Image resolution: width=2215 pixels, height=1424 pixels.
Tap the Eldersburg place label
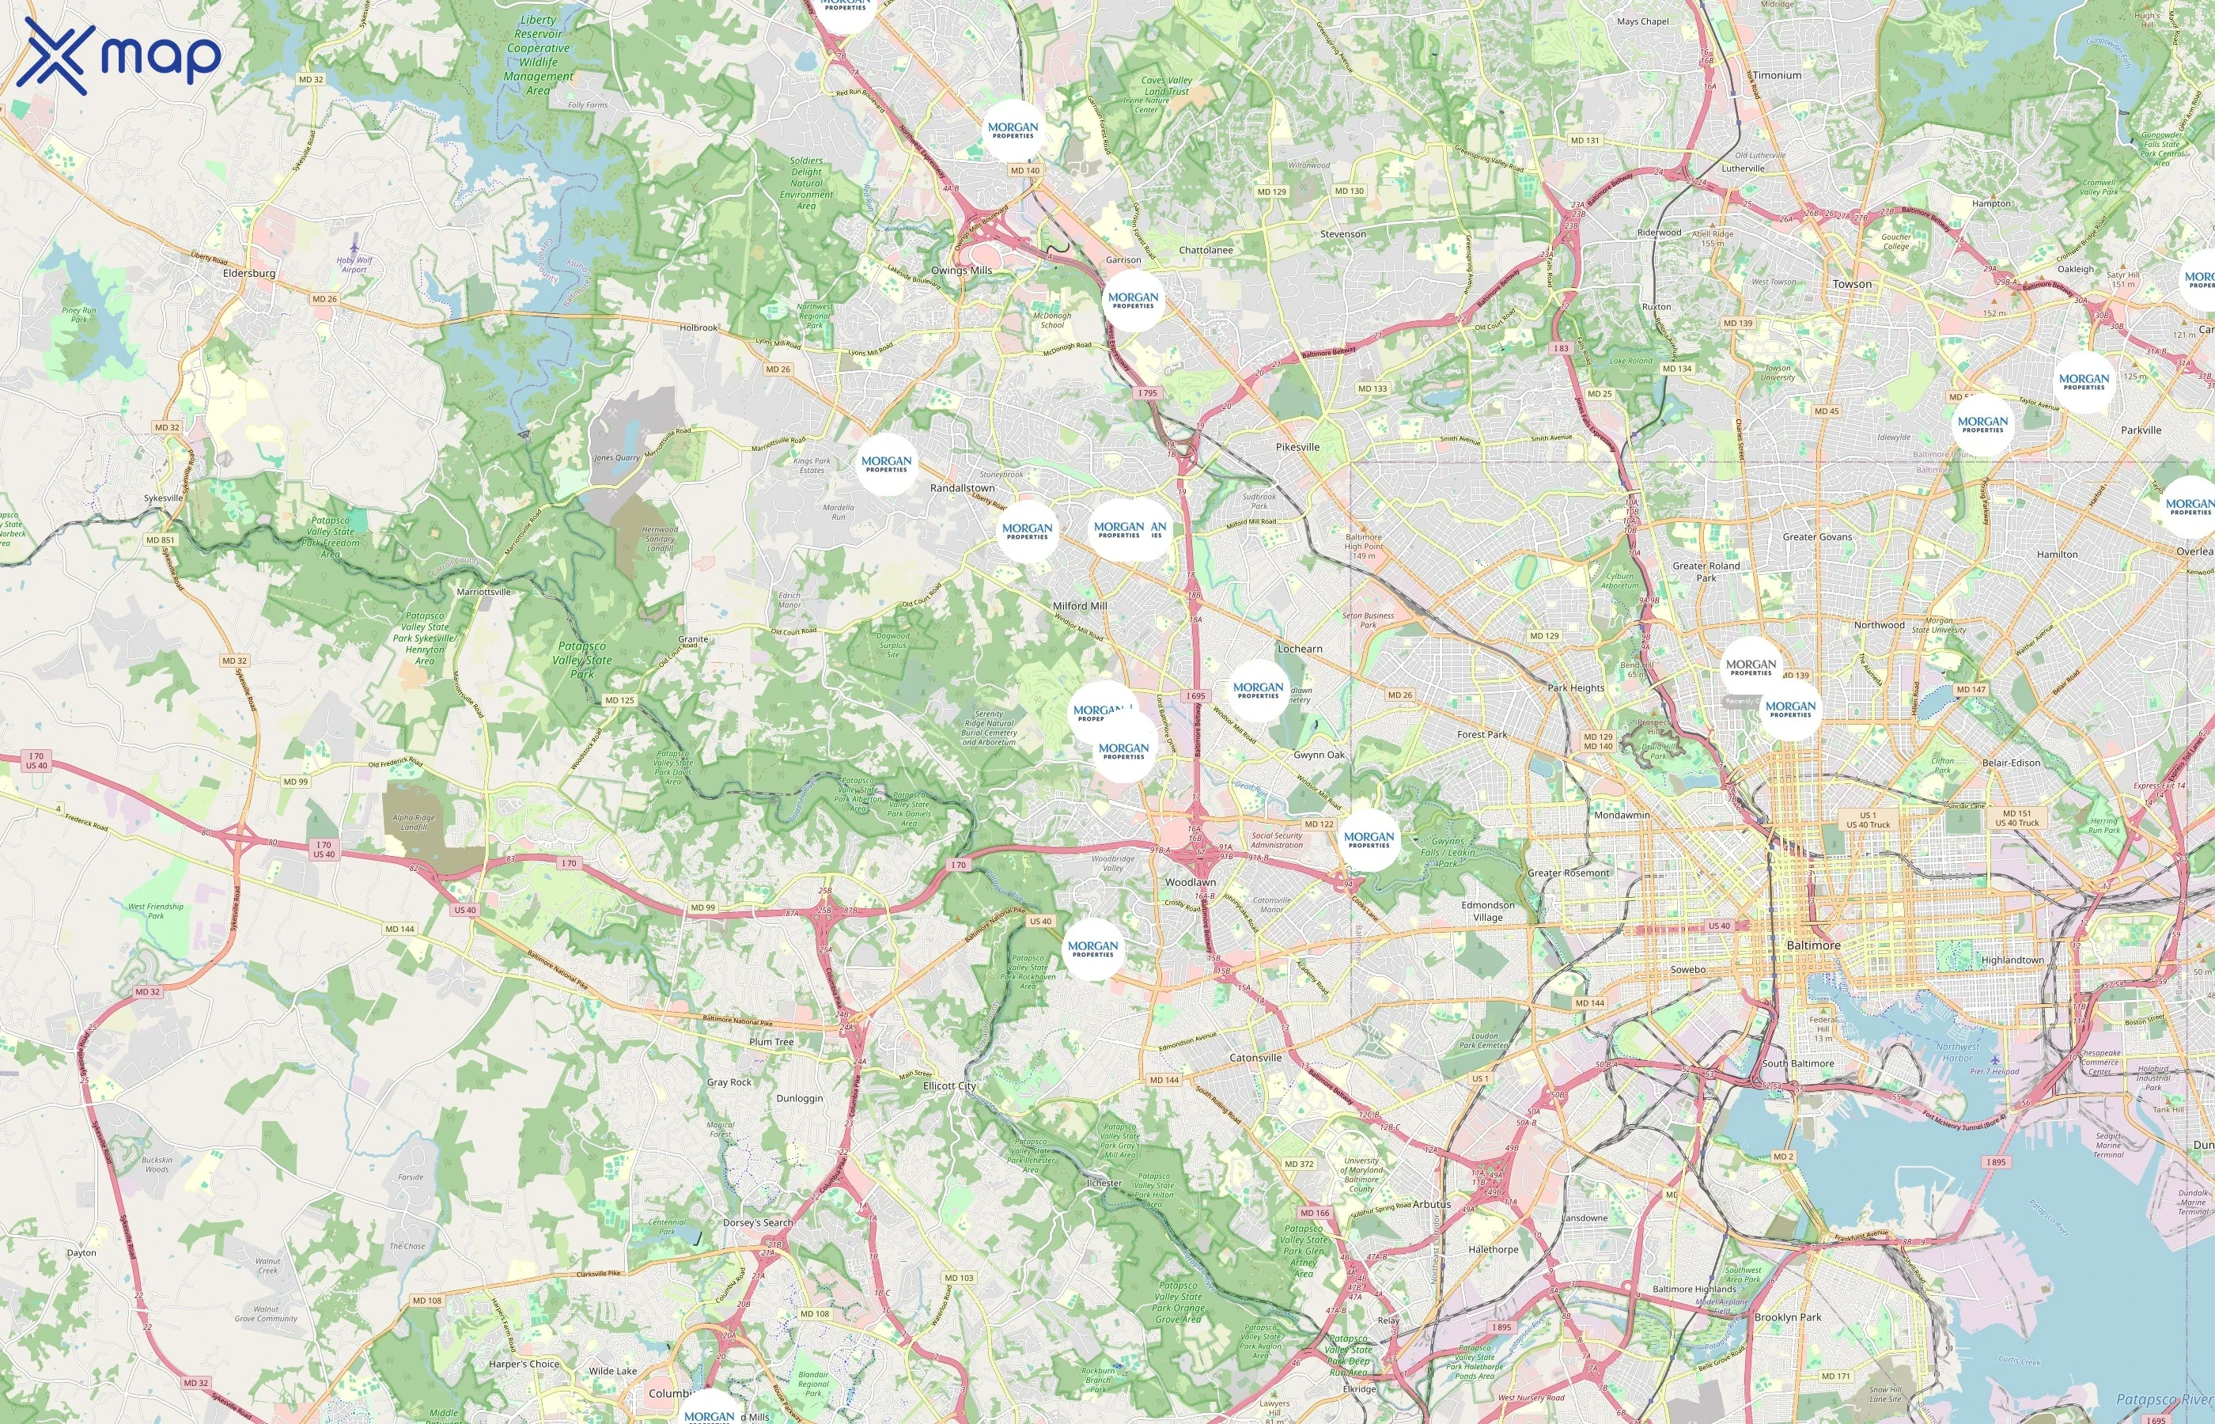(x=248, y=274)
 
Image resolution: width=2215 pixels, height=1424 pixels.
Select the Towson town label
(x=1852, y=285)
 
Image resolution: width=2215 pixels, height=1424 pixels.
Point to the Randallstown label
(x=963, y=488)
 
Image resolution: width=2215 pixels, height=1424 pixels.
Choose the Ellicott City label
(x=949, y=1085)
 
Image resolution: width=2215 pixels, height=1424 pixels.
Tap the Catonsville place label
(x=1255, y=1058)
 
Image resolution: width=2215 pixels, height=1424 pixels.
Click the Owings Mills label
(x=961, y=271)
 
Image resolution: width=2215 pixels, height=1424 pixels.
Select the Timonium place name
(x=1777, y=76)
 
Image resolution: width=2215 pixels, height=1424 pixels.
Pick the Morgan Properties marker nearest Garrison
(x=1134, y=301)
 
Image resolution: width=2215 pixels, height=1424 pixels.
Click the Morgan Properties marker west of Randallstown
(x=887, y=464)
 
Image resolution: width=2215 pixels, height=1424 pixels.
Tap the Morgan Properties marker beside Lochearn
(x=1258, y=691)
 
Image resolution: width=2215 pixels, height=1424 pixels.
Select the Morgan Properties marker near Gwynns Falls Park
(x=1369, y=839)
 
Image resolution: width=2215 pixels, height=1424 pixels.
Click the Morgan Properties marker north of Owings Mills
(x=1013, y=131)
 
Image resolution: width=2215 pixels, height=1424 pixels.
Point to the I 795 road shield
(x=1147, y=393)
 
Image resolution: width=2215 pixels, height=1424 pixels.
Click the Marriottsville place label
(x=483, y=592)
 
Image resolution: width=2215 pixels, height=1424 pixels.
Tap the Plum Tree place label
(x=771, y=1042)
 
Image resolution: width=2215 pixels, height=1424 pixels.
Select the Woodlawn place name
(x=1190, y=882)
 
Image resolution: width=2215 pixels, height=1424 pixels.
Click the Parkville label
(x=2141, y=430)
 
